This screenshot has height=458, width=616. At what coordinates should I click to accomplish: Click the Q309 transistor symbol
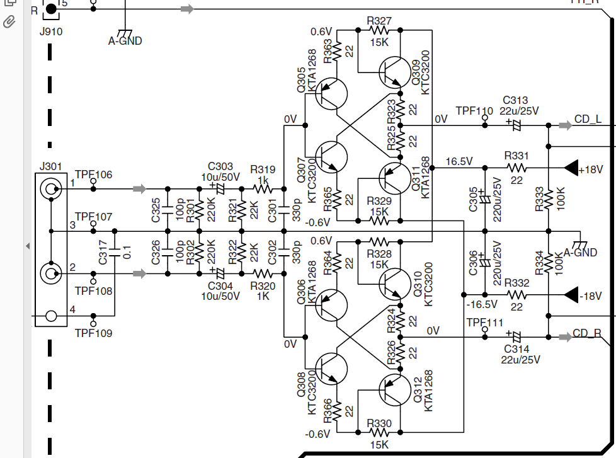click(394, 72)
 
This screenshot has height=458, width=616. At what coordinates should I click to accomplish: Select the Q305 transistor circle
click(331, 94)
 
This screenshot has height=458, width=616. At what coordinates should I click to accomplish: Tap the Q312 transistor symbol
click(394, 390)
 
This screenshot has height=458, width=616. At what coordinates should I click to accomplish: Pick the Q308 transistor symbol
click(331, 369)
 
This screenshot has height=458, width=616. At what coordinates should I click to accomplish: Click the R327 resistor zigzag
click(379, 30)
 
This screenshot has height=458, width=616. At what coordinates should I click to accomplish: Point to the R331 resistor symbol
click(516, 168)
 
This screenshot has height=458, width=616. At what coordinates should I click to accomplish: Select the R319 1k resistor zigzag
click(263, 189)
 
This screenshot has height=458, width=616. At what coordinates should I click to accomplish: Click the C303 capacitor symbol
click(220, 189)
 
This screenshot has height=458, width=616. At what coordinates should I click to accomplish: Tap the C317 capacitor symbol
click(115, 253)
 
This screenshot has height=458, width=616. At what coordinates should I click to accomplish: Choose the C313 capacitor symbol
click(516, 125)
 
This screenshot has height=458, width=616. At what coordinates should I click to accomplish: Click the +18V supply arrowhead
click(571, 168)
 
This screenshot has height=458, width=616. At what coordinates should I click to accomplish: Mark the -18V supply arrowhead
click(571, 295)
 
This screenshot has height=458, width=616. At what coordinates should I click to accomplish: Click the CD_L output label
click(588, 119)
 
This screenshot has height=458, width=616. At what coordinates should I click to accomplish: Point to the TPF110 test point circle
click(485, 117)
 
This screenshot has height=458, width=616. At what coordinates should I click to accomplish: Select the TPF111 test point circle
click(485, 329)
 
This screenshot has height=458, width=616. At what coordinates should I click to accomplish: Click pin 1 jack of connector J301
click(51, 189)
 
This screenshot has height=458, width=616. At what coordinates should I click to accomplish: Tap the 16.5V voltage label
click(459, 161)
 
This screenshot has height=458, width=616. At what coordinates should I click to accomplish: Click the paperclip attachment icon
click(9, 22)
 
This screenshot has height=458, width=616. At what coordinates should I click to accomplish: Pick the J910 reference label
click(50, 32)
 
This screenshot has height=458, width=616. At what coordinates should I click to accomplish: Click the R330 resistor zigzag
click(379, 432)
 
